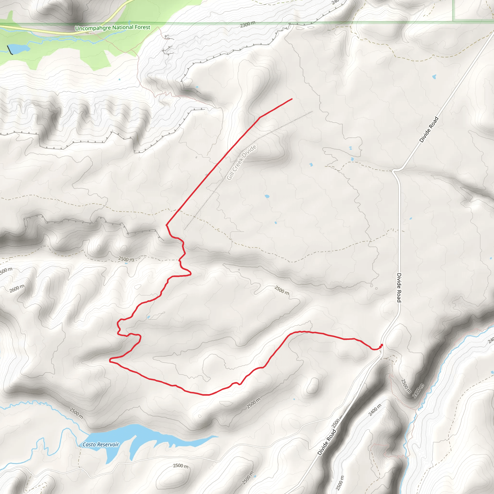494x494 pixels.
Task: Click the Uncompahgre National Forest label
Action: pyautogui.click(x=112, y=27)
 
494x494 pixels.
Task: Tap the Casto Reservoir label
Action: pyautogui.click(x=101, y=445)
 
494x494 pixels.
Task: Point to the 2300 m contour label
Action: pyautogui.click(x=247, y=25)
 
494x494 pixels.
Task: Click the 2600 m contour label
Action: pyautogui.click(x=17, y=288)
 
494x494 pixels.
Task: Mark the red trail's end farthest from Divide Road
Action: pyautogui.click(x=292, y=99)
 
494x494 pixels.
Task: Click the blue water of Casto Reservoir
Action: pyautogui.click(x=143, y=435)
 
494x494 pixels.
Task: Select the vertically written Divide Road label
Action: pyautogui.click(x=399, y=288)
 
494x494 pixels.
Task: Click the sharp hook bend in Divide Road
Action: pyautogui.click(x=394, y=171)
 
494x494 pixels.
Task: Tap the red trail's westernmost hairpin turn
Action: pyautogui.click(x=110, y=360)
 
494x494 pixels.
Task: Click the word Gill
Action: pyautogui.click(x=230, y=176)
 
